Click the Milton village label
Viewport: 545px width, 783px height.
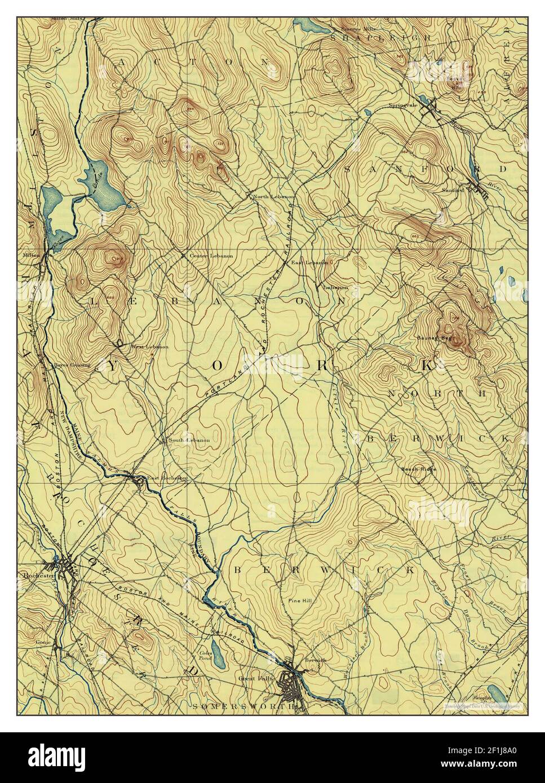pos(30,254)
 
